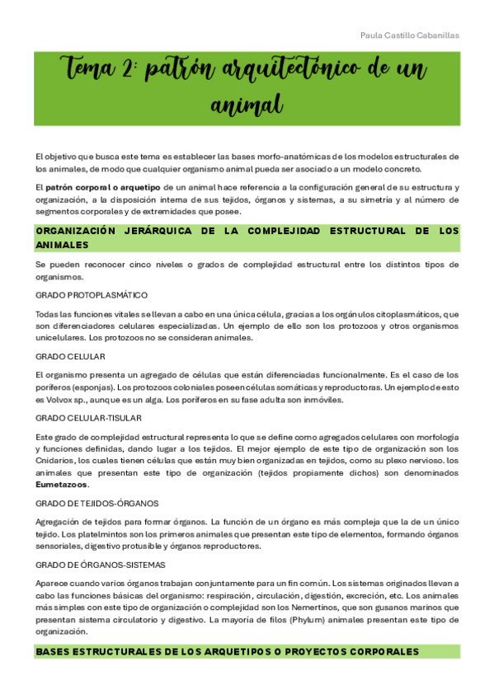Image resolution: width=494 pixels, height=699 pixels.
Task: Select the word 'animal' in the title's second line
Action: (x=247, y=105)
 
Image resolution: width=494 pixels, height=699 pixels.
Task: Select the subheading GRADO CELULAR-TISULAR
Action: (x=88, y=418)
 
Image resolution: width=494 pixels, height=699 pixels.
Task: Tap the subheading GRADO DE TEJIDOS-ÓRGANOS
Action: (x=97, y=502)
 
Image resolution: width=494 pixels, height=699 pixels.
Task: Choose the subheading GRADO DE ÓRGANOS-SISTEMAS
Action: (x=101, y=565)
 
